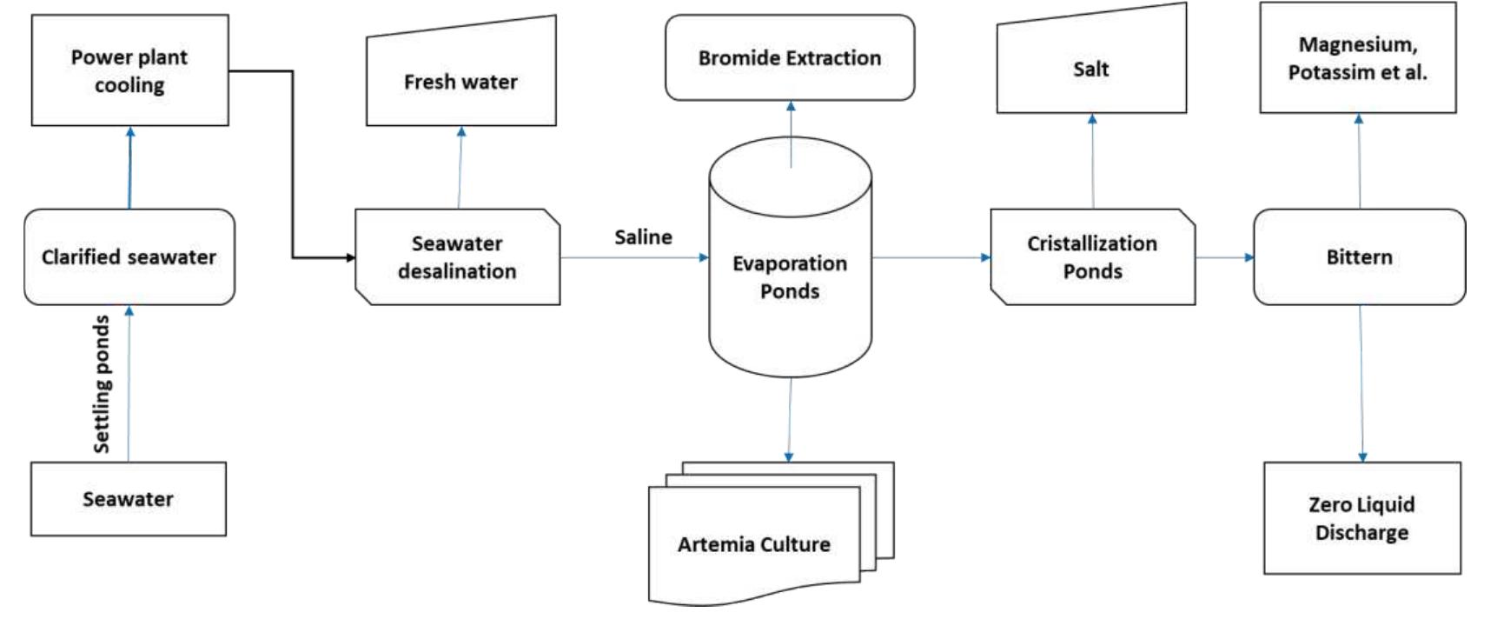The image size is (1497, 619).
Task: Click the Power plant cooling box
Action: point(129,70)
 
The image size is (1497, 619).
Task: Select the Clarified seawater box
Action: point(129,257)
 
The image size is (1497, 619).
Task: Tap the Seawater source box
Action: point(129,499)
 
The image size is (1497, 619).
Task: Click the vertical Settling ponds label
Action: point(103,383)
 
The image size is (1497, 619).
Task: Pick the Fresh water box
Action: point(460,82)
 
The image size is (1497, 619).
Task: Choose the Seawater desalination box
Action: point(457,257)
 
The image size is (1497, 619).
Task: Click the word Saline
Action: point(643,237)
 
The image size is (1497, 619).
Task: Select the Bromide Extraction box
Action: point(789,58)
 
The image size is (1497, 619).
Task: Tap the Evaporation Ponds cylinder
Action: point(790,276)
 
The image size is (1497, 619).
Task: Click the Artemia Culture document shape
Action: point(754,544)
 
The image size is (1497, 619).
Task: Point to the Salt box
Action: point(1091,70)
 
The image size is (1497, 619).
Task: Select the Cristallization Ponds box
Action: point(1092,257)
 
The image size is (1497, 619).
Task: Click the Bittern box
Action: point(1359,257)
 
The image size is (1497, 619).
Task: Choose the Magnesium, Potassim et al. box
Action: point(1358,58)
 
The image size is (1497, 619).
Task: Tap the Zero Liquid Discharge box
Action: point(1361,518)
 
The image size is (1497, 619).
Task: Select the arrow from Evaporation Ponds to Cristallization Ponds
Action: point(930,257)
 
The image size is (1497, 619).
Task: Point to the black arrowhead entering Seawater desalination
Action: point(350,257)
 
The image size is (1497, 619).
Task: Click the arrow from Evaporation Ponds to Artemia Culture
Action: point(789,417)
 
